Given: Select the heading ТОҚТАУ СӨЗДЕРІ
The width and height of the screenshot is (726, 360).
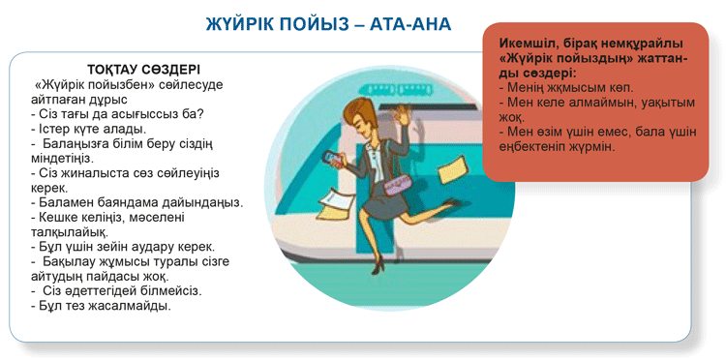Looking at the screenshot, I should pyautogui.click(x=143, y=70).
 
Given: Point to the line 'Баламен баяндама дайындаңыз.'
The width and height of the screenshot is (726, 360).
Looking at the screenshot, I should pyautogui.click(x=136, y=202).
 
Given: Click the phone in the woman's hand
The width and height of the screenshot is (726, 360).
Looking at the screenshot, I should pyautogui.click(x=331, y=159).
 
